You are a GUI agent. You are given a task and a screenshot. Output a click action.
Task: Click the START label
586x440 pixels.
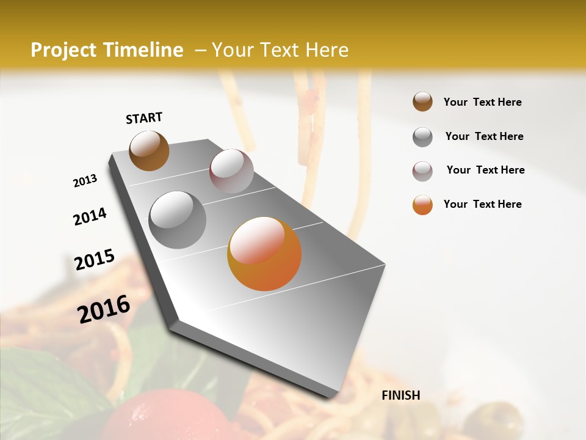click(144, 118)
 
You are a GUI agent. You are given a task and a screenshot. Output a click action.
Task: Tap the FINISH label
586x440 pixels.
click(401, 395)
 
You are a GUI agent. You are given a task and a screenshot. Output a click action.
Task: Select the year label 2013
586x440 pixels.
click(85, 181)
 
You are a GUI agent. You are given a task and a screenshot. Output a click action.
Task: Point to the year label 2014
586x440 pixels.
click(90, 216)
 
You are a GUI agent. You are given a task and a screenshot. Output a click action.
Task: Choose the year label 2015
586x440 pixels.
click(95, 260)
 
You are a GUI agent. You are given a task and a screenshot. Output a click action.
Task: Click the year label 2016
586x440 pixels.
click(104, 309)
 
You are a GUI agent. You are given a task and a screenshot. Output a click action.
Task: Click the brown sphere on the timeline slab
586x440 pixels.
click(149, 150)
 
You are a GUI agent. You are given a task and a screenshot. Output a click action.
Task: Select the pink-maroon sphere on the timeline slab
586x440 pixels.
click(231, 171)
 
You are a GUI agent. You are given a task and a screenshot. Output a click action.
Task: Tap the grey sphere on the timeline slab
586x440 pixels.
click(178, 219)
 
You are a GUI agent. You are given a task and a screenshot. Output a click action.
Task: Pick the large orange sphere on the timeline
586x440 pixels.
click(264, 254)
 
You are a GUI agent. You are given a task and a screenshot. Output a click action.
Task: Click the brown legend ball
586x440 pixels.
click(422, 102)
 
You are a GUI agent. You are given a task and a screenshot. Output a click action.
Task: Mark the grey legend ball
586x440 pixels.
click(422, 137)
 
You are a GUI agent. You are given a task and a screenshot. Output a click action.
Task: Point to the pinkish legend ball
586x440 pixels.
click(422, 171)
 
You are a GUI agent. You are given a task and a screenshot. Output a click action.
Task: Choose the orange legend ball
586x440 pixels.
click(422, 205)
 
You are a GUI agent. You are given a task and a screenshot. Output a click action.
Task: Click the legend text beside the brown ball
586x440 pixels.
click(482, 102)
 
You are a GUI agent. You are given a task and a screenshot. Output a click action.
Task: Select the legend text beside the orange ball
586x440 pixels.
click(482, 204)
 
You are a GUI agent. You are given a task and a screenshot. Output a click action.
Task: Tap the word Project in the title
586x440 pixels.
click(63, 51)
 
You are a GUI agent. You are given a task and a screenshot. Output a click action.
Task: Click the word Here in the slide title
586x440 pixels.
click(327, 50)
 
